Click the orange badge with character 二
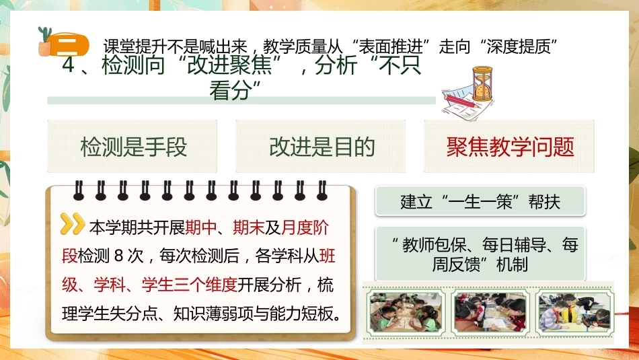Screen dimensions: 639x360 [70, 44]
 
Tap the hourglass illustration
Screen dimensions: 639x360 [482, 83]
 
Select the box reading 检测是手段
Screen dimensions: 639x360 [132, 147]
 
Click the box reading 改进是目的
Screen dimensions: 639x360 [320, 147]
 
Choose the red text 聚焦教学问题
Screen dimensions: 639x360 [510, 147]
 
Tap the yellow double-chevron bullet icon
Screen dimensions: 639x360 [73, 224]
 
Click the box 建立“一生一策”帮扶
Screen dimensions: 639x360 [480, 201]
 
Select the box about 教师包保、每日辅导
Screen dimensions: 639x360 [480, 254]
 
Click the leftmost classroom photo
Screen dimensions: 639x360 [406, 312]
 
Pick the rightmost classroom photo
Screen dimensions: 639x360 [574, 312]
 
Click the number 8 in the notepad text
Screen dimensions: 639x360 [118, 256]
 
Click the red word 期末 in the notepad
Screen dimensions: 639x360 [249, 227]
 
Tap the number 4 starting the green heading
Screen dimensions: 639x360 [68, 66]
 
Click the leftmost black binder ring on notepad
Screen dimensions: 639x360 [79, 190]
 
